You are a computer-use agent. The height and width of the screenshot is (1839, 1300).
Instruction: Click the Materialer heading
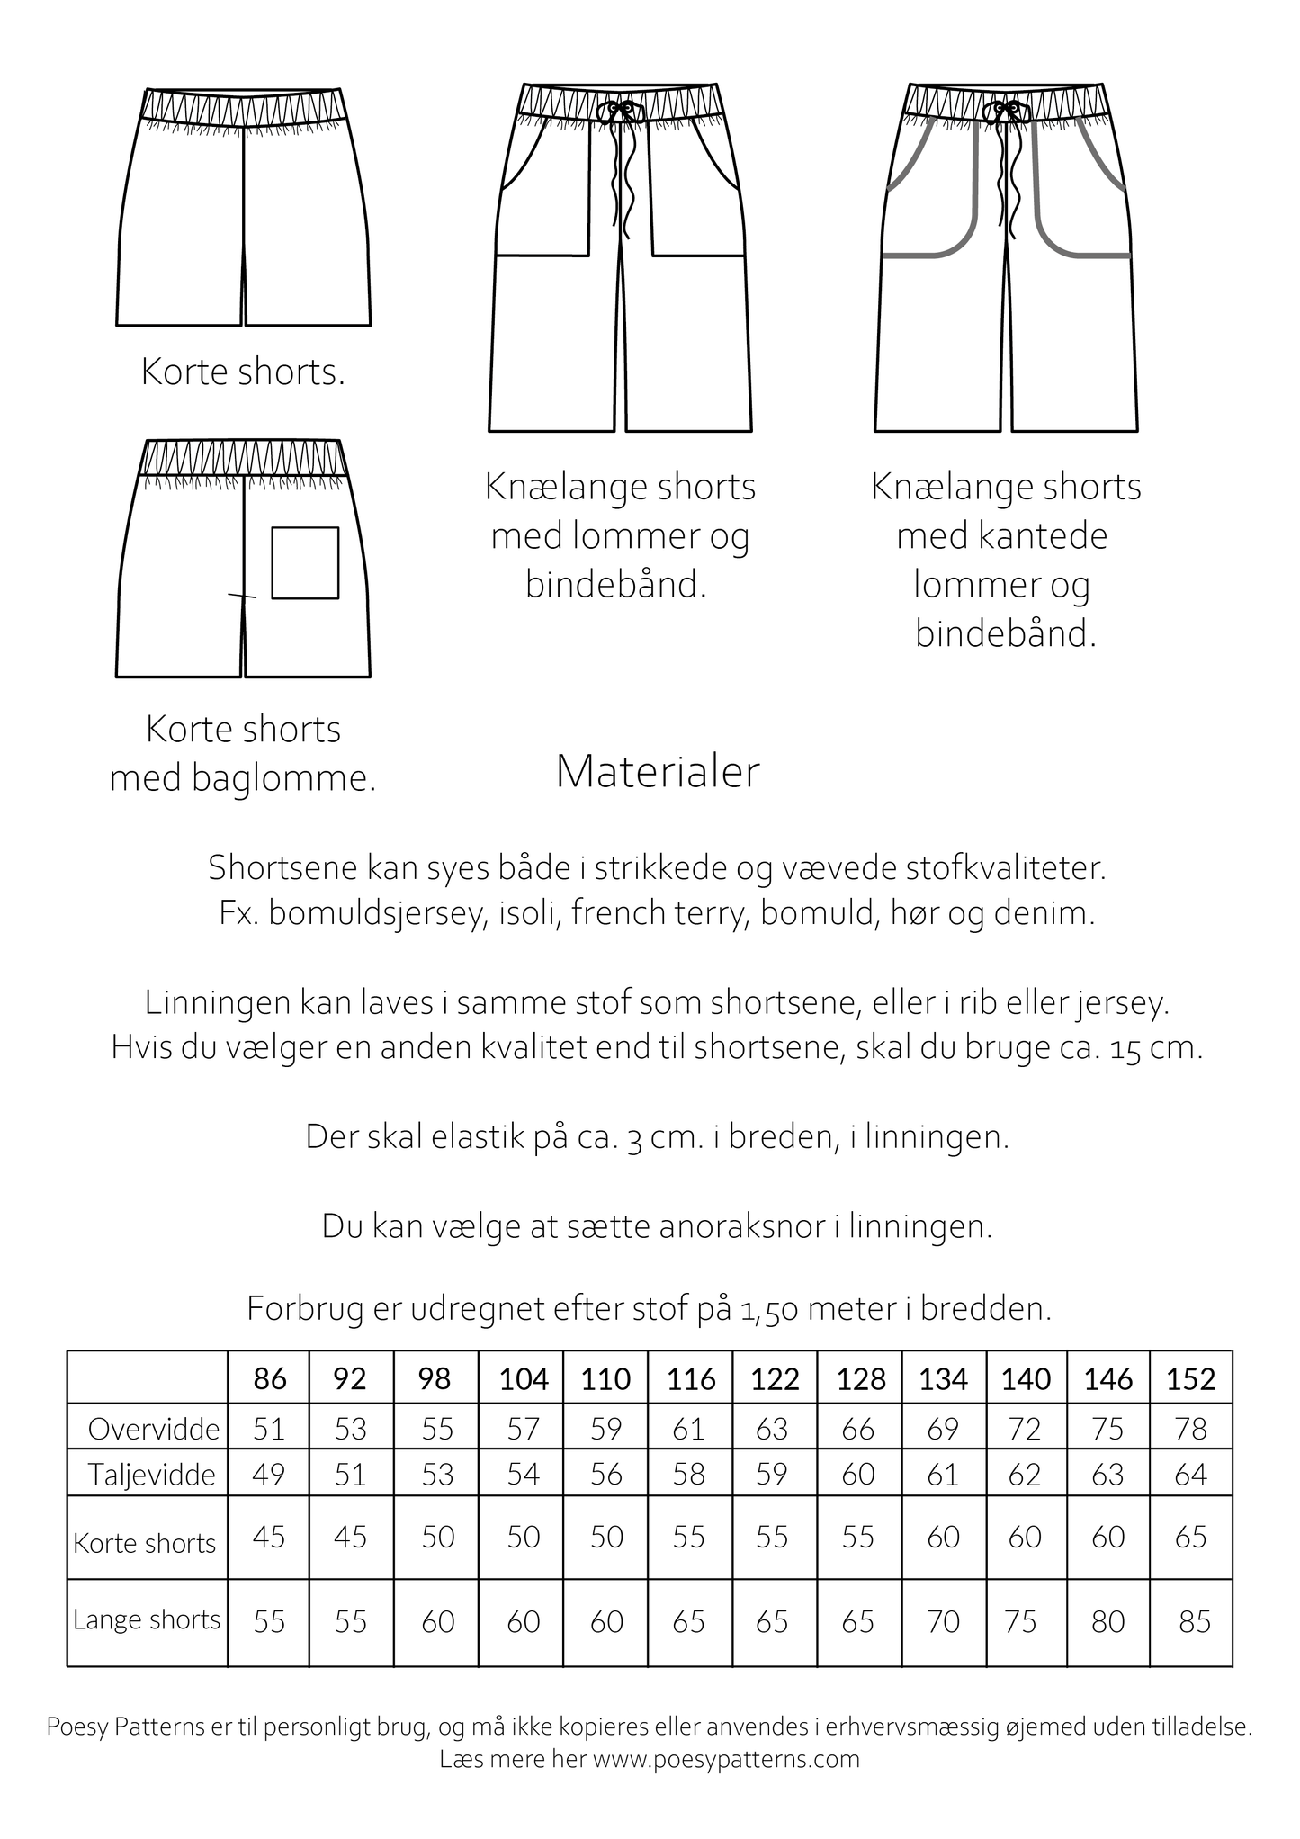pyautogui.click(x=658, y=772)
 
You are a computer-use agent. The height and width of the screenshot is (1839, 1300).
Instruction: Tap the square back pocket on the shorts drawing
pyautogui.click(x=305, y=563)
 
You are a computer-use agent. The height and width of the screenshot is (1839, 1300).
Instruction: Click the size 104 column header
pyautogui.click(x=523, y=1378)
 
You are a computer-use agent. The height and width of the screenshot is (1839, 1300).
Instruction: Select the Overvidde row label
pyautogui.click(x=154, y=1429)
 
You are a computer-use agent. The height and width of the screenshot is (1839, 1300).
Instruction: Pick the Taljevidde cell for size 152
pyautogui.click(x=1190, y=1475)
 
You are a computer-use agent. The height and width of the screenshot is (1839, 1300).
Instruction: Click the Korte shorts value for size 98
pyautogui.click(x=437, y=1537)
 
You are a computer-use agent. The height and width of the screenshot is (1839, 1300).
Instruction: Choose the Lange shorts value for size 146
pyautogui.click(x=1107, y=1621)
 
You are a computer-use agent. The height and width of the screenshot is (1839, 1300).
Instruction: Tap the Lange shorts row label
pyautogui.click(x=147, y=1619)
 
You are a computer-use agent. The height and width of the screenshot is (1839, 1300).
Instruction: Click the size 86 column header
pyautogui.click(x=270, y=1378)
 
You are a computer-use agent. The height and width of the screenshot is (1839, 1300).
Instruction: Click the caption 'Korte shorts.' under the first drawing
pyautogui.click(x=243, y=372)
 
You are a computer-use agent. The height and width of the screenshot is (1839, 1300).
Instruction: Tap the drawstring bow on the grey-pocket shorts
pyautogui.click(x=1006, y=110)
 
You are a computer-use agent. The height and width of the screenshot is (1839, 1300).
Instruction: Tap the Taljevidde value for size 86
pyautogui.click(x=269, y=1475)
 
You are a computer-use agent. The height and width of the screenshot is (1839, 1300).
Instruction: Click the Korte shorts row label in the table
pyautogui.click(x=145, y=1543)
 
